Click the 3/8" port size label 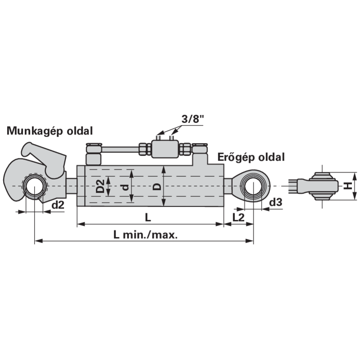click(x=193, y=119)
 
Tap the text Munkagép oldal click(x=50, y=131)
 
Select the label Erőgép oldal click(x=251, y=157)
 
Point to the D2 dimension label click(x=100, y=186)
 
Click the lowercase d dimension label click(x=125, y=188)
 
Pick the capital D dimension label click(x=157, y=187)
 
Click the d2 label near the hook click(x=58, y=205)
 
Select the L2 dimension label click(x=238, y=217)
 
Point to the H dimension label click(x=348, y=185)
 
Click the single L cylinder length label click(x=148, y=217)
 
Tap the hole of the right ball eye click(x=253, y=186)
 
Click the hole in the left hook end click(x=34, y=186)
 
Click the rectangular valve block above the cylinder click(x=165, y=149)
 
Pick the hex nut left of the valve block click(x=145, y=149)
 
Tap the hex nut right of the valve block click(x=185, y=149)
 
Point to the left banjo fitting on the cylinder click(x=94, y=154)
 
